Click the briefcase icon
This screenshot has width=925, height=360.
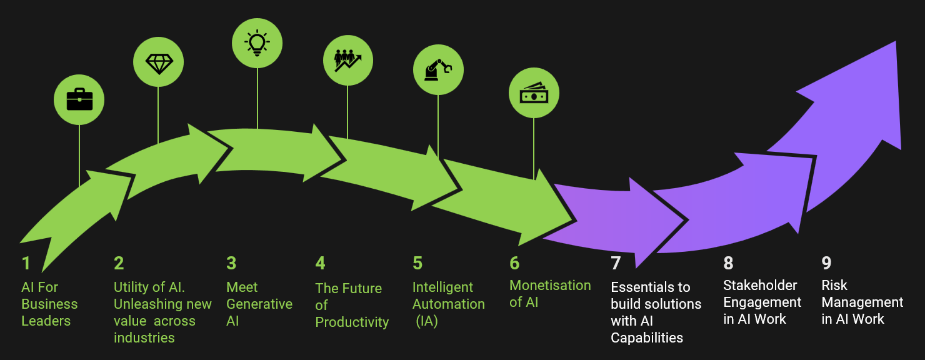coord(79,99)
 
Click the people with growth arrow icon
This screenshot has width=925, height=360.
coord(347,60)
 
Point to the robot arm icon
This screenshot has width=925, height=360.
coord(437,69)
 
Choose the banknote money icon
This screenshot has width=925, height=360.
coord(534,93)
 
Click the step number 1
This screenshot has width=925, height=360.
coord(26,262)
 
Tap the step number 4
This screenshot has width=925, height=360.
coord(320,262)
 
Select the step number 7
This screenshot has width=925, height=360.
coord(616,263)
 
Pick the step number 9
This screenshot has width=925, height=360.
coord(827,262)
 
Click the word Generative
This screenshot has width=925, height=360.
coord(259,304)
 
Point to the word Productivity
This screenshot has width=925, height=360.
coord(352,322)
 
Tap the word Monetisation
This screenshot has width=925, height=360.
coord(550,286)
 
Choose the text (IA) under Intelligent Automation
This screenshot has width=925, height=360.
coord(427,321)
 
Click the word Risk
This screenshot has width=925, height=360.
coord(834,286)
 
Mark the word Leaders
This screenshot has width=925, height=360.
coord(46,321)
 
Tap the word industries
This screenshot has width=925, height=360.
coord(144,338)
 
